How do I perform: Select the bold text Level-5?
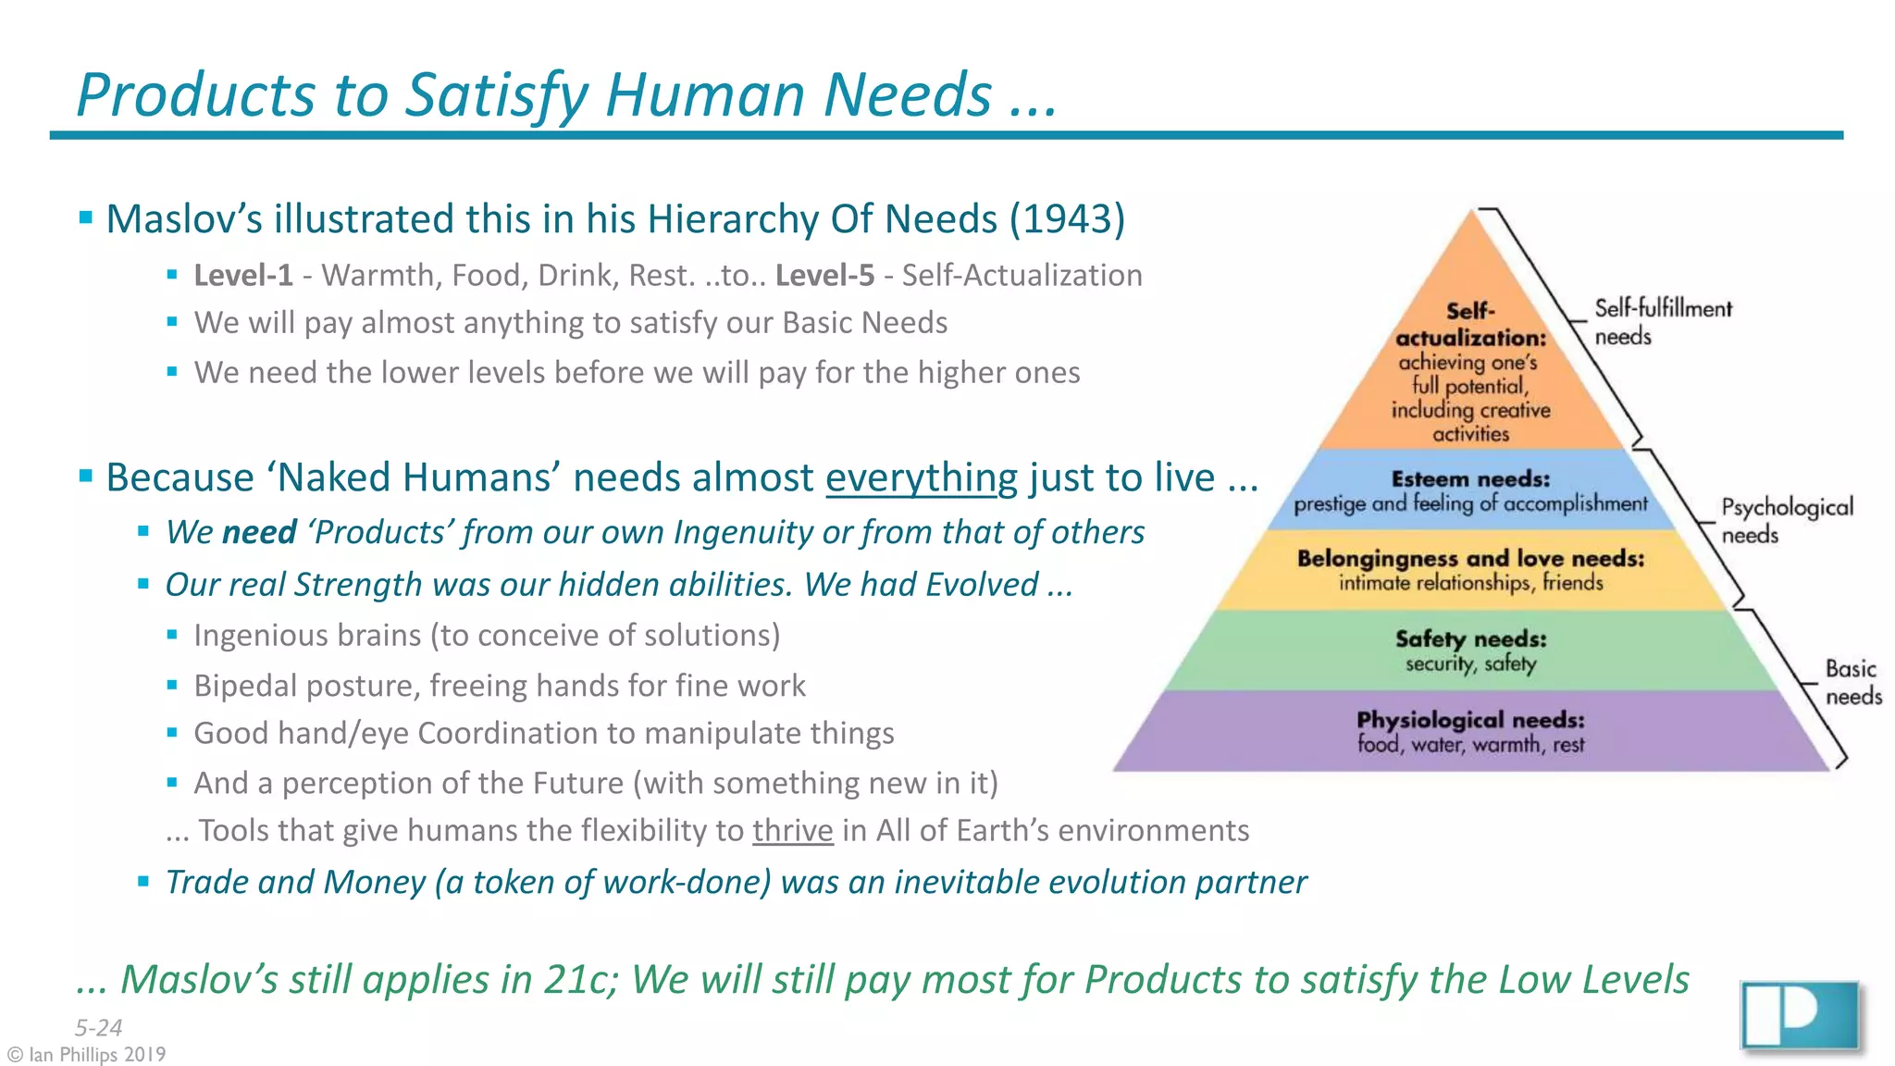[824, 276]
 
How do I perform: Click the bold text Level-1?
[243, 276]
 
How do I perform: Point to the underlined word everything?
[922, 478]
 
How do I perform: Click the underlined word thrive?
[792, 831]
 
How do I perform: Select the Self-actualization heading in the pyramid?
[1470, 325]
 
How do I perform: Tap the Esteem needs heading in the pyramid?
[1470, 479]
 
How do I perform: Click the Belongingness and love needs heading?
[1470, 559]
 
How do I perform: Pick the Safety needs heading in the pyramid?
[1470, 639]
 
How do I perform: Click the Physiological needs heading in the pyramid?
[1470, 720]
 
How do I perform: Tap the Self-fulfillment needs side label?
[1662, 322]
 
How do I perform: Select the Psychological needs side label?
[1786, 521]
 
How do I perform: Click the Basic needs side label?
[1852, 682]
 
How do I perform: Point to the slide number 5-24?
[98, 1028]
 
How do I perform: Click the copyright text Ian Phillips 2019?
[87, 1055]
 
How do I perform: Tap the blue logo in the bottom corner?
[1799, 1015]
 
